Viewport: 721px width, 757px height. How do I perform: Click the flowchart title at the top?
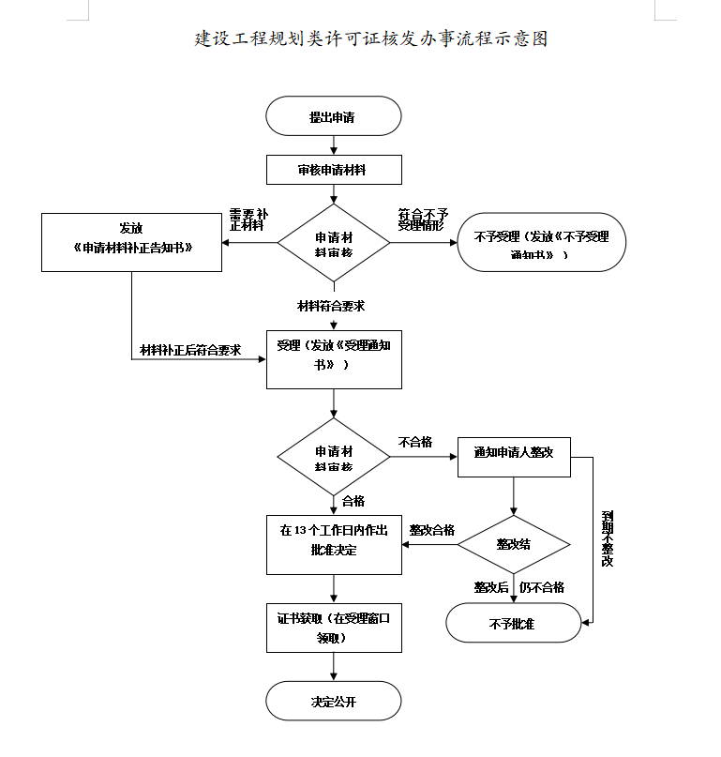[x=370, y=38]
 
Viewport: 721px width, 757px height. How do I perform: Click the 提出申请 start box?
[x=334, y=116]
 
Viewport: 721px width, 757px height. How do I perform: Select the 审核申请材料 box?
[x=334, y=170]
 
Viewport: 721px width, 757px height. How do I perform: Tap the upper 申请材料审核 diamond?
[x=333, y=243]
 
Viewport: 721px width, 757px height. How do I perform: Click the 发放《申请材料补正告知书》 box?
[x=131, y=242]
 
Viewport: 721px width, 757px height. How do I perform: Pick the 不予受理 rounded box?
[x=541, y=243]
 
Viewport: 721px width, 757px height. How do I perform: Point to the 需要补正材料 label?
[x=248, y=220]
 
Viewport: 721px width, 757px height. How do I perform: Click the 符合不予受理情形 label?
[x=423, y=220]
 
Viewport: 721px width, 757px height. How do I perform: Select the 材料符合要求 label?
[x=331, y=306]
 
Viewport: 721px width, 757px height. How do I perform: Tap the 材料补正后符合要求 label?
[x=190, y=350]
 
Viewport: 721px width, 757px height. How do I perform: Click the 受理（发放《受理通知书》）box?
[x=334, y=357]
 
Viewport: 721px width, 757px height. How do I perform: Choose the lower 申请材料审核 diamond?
[x=333, y=458]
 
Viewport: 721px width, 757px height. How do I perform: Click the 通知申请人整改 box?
[x=514, y=452]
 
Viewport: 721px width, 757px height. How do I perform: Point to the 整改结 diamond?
[x=514, y=544]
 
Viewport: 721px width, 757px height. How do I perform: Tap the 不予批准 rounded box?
[x=513, y=623]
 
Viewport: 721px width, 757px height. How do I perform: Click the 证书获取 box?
[x=334, y=628]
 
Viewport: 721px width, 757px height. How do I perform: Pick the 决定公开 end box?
[x=334, y=701]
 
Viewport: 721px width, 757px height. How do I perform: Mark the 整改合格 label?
[x=432, y=530]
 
